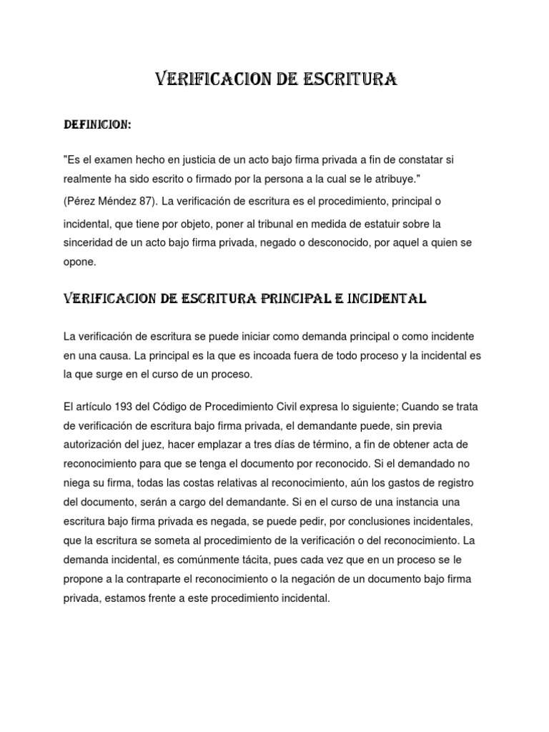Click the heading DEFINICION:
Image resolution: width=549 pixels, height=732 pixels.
(x=97, y=125)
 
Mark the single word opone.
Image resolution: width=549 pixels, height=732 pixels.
(x=78, y=262)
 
